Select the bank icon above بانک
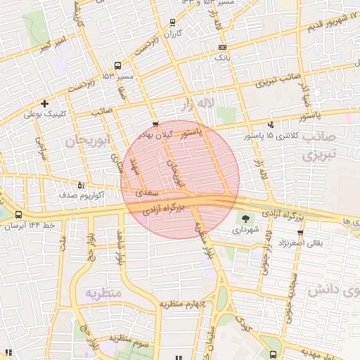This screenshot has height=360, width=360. coord(222,46)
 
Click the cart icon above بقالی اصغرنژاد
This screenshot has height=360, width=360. coord(300,232)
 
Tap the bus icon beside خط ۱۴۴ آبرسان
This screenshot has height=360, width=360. coord(18,215)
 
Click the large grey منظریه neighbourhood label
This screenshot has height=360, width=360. coord(103,292)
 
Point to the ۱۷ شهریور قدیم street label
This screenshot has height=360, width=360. coord(333,22)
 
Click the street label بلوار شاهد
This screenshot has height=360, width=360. coord(120,248)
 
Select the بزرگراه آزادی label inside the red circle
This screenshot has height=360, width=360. coord(163,209)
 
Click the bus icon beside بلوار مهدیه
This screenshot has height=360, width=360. coord(274,354)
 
